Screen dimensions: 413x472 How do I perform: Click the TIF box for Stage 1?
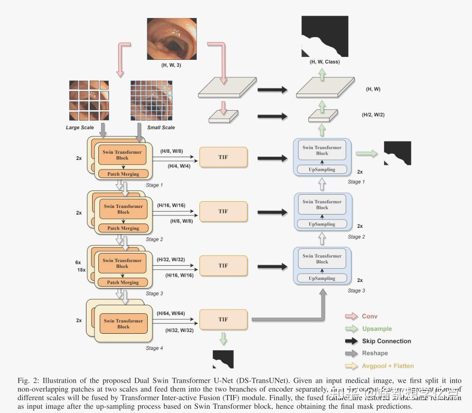tap(223, 157)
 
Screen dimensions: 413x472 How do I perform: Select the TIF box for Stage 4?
tap(223, 319)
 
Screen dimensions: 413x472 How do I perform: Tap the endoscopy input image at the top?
tap(171, 38)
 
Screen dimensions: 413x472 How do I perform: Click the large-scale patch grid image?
tap(90, 101)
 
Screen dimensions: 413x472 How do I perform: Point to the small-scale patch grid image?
tap(151, 101)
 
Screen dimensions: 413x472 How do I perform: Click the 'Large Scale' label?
tap(80, 128)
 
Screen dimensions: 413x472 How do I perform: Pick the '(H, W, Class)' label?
tap(325, 62)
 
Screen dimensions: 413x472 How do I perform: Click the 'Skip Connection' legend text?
tap(386, 341)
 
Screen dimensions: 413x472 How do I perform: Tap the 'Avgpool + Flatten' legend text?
tap(387, 366)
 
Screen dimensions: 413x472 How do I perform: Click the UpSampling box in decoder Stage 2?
tap(322, 224)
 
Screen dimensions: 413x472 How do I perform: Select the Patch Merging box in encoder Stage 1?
tap(123, 174)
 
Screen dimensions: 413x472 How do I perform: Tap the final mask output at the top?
tap(325, 37)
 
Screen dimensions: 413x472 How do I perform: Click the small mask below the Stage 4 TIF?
tap(223, 359)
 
